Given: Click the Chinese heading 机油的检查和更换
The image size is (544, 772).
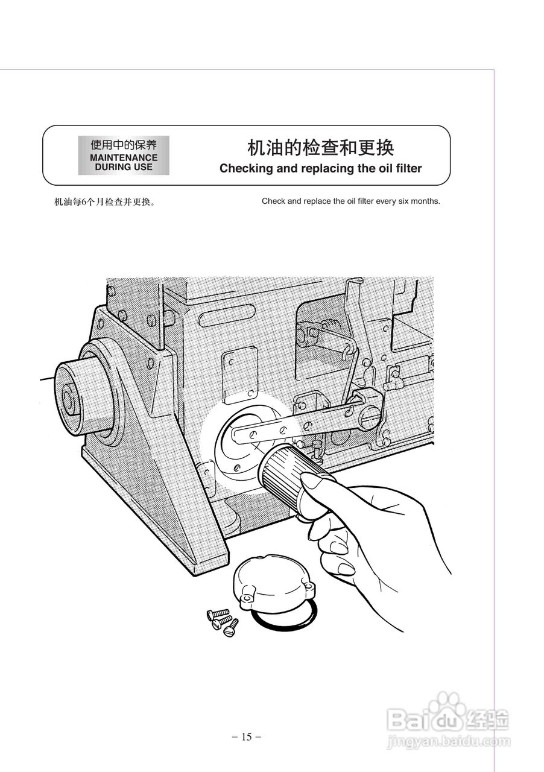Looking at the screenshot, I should [x=320, y=148].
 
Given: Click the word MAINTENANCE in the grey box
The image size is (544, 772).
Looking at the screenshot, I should [x=124, y=157].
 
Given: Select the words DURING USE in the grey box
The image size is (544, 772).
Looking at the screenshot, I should [x=124, y=166].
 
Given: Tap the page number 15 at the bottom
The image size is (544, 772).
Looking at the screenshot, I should [x=246, y=736].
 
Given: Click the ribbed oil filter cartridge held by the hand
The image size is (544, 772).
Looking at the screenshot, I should [x=284, y=470].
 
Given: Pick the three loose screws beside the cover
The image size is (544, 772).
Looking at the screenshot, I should [x=222, y=621].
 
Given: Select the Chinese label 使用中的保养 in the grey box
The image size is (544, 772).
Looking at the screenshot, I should [x=124, y=145].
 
